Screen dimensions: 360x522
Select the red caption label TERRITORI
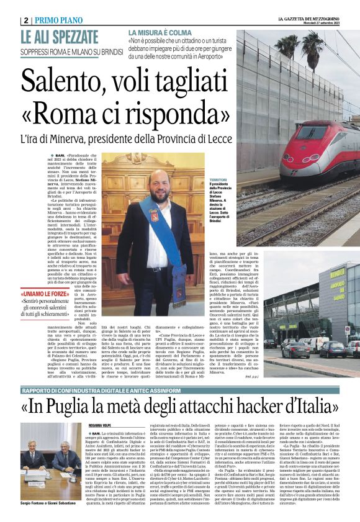[218, 179]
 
